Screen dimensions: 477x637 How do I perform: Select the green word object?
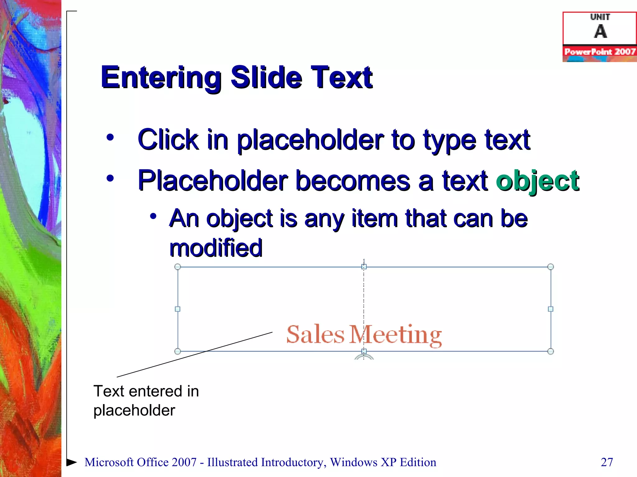(537, 181)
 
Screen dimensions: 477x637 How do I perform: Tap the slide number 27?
(607, 462)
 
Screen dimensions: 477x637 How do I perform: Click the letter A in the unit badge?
(600, 31)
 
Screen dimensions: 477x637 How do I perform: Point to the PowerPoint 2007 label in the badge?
(600, 52)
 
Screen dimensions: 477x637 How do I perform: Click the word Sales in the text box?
(315, 335)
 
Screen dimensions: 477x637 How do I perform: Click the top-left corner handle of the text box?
(178, 267)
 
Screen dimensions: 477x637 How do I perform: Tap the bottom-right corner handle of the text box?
(550, 352)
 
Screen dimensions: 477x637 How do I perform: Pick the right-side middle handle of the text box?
(551, 309)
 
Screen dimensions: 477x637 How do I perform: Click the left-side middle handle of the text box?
(178, 309)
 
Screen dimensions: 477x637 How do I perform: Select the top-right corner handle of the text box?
(550, 267)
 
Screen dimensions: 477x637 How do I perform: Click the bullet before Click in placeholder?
(110, 138)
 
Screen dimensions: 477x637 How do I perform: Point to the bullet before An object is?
(153, 216)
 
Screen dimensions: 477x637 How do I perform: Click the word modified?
(216, 248)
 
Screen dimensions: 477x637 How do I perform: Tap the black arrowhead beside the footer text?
(72, 462)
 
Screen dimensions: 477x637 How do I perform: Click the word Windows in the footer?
(354, 462)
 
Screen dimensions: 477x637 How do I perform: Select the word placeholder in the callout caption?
(134, 411)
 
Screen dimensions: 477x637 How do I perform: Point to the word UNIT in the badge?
(600, 17)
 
